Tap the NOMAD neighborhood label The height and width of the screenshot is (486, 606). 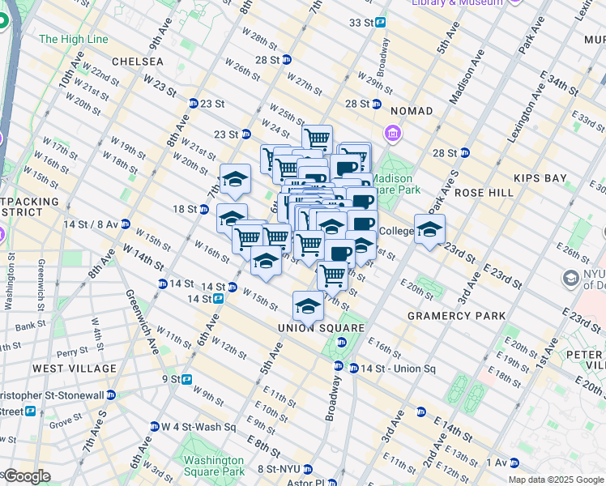tap(411, 110)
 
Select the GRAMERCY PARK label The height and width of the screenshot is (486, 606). tap(456, 316)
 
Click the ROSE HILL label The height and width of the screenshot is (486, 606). tap(484, 194)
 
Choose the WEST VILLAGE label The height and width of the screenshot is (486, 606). tap(74, 369)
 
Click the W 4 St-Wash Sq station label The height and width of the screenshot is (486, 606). tap(192, 427)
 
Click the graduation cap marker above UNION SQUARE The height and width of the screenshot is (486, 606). tap(308, 307)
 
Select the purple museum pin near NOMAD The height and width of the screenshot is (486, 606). tap(392, 133)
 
